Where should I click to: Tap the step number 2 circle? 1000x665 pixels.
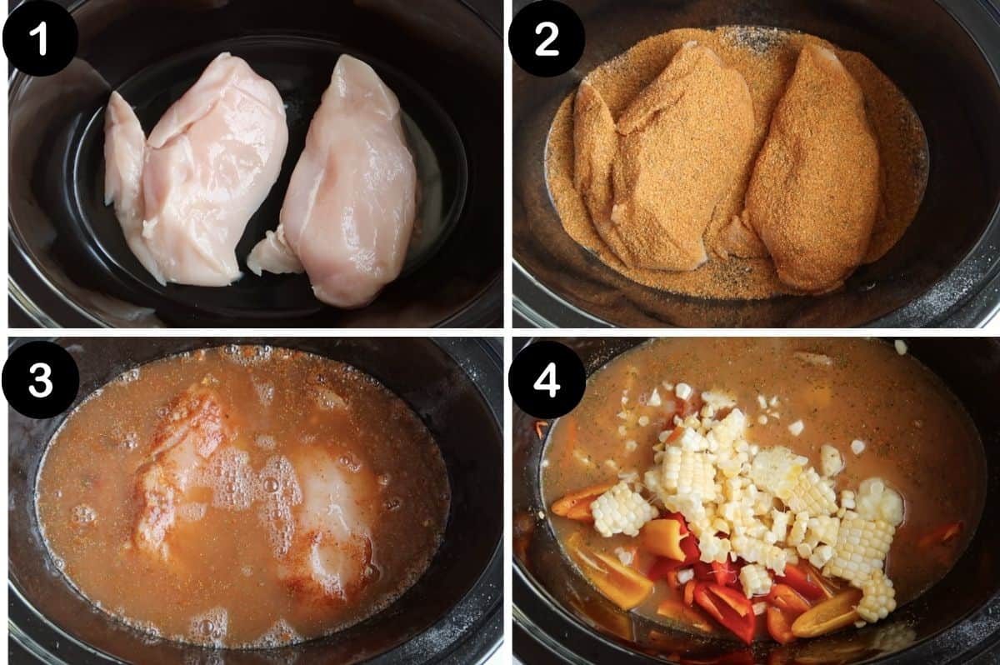(546, 39)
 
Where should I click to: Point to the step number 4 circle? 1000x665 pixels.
(546, 380)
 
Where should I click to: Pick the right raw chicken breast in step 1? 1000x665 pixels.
(354, 183)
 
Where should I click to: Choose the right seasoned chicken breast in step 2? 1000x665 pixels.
(812, 167)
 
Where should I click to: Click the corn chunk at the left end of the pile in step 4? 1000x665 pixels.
(621, 508)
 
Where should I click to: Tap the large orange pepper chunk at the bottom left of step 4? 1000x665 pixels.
(617, 575)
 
